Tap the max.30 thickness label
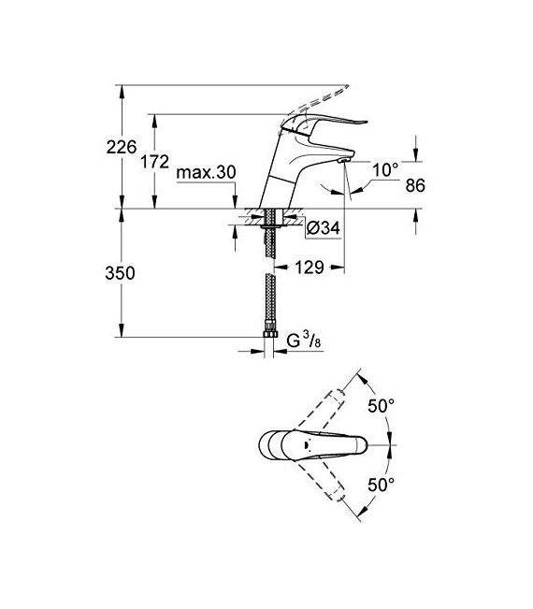[x=206, y=174]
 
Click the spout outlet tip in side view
[x=343, y=163]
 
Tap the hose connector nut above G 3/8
[x=272, y=332]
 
